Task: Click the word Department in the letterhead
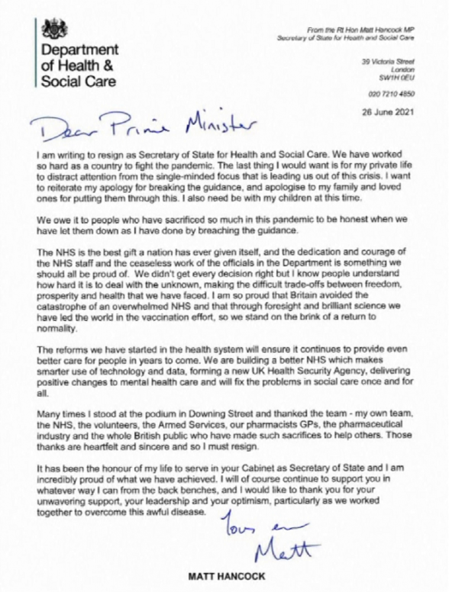coord(80,50)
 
